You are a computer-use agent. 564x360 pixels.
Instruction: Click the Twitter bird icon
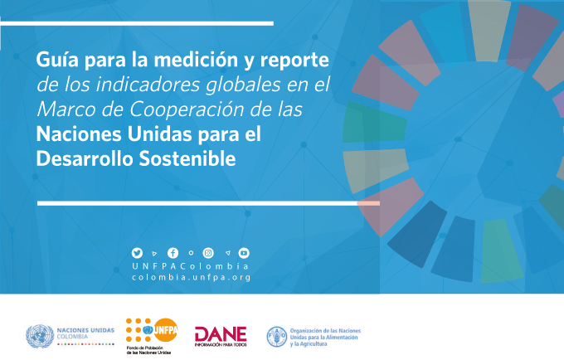[137, 253]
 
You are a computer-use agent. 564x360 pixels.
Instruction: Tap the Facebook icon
[173, 253]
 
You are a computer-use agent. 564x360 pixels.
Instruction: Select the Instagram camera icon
[208, 253]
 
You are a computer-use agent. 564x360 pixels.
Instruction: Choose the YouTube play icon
[244, 253]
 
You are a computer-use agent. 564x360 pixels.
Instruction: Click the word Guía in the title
[57, 60]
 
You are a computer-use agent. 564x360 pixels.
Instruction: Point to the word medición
[196, 60]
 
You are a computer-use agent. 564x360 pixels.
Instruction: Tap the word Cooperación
[187, 109]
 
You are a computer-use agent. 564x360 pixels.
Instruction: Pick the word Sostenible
[187, 158]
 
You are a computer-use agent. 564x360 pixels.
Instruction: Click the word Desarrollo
[85, 158]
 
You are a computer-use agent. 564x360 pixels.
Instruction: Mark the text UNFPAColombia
[191, 266]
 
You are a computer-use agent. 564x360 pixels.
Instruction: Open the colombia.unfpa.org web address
[191, 278]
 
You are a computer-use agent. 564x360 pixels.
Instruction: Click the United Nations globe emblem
[40, 336]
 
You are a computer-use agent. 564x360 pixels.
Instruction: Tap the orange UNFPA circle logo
[165, 330]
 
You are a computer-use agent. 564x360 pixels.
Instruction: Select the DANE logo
[221, 337]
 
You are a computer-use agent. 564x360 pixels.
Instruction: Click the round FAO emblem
[277, 337]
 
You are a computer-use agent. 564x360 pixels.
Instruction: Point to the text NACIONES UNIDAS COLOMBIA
[85, 333]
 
